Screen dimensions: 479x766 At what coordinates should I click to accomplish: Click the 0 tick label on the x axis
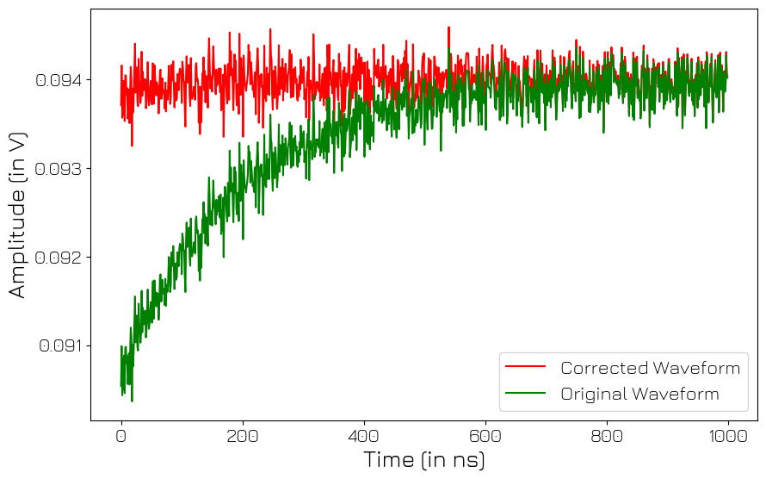pyautogui.click(x=121, y=435)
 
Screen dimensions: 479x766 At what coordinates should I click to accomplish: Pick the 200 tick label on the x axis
pyautogui.click(x=243, y=435)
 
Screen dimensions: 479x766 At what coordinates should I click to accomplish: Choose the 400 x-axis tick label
pyautogui.click(x=364, y=435)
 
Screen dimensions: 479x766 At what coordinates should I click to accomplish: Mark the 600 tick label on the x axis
pyautogui.click(x=485, y=435)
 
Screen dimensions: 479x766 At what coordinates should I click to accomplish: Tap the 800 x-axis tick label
pyautogui.click(x=607, y=435)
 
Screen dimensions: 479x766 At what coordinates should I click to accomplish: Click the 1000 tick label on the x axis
pyautogui.click(x=728, y=435)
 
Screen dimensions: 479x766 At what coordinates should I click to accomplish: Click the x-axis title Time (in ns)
pyautogui.click(x=424, y=460)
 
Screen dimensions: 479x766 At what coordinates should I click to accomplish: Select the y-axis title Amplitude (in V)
pyautogui.click(x=18, y=215)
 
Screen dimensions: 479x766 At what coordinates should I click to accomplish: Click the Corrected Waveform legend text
pyautogui.click(x=650, y=368)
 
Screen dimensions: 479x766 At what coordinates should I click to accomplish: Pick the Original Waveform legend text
pyautogui.click(x=639, y=395)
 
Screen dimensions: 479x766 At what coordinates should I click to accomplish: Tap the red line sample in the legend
pyautogui.click(x=525, y=367)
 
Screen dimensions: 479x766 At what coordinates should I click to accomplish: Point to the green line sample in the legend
pyautogui.click(x=525, y=394)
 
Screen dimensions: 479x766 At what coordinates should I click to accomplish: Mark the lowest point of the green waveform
pyautogui.click(x=132, y=401)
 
